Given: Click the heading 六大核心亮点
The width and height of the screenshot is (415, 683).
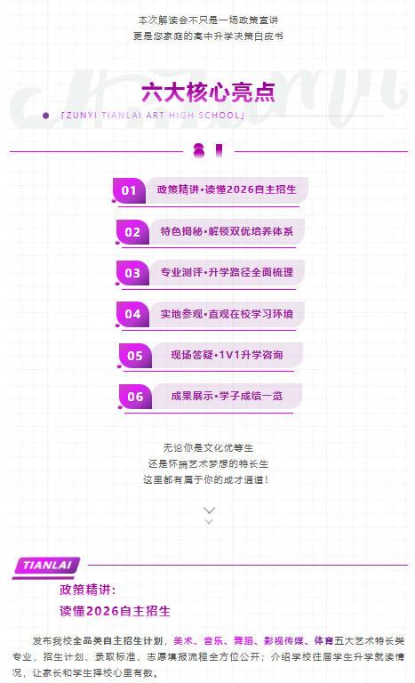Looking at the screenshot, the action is [x=208, y=92].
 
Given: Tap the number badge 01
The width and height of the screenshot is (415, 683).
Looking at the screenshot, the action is [x=129, y=190].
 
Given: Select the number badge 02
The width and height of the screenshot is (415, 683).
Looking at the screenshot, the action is [x=132, y=232].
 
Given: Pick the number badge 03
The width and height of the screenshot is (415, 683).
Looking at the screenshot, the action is [x=132, y=273].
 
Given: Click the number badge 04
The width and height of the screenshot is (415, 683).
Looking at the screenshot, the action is [x=132, y=314].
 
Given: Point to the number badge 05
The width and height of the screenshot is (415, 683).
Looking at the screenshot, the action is [x=135, y=356].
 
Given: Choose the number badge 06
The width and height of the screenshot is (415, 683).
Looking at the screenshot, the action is [x=135, y=397].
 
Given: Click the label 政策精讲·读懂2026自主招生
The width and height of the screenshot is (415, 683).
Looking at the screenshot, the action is [x=227, y=189].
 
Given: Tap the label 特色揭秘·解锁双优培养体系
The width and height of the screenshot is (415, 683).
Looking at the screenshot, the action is [x=227, y=231].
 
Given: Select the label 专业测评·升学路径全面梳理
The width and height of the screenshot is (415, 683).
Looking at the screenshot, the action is [x=227, y=272].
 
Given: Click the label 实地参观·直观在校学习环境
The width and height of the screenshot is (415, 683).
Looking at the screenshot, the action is [x=227, y=314].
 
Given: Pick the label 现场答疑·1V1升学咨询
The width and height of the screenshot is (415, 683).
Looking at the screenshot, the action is [x=227, y=355].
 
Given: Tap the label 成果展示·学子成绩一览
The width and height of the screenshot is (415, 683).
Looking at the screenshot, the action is [x=227, y=396].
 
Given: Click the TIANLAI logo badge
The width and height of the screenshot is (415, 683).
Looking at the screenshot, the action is [x=46, y=566].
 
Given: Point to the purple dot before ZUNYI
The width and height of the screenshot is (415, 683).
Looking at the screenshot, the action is [x=45, y=116].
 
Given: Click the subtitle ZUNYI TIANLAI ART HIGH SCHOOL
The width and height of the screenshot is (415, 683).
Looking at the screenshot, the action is [x=153, y=116].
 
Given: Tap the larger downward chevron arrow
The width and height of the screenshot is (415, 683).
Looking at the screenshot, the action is [x=209, y=510].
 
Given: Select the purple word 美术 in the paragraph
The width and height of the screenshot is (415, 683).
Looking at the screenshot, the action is [x=183, y=640].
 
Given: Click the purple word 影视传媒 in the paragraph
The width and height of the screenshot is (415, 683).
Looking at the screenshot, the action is [x=283, y=640].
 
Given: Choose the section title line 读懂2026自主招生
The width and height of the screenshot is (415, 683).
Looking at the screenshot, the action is [x=115, y=611].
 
